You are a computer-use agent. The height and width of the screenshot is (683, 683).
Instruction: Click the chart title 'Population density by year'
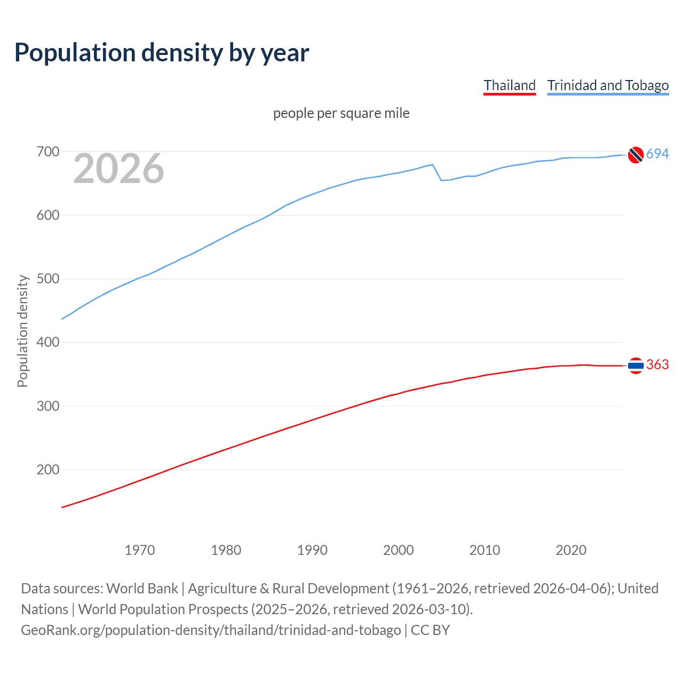tap(162, 53)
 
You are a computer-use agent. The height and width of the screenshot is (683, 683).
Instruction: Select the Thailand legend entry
tap(509, 85)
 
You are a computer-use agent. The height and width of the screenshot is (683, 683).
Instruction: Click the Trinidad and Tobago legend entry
tap(608, 85)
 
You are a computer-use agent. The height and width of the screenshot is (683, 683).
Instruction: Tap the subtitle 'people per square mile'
tap(341, 113)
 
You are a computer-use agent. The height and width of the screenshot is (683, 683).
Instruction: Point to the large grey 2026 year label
tap(118, 169)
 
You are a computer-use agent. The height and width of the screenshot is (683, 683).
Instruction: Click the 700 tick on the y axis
tap(48, 152)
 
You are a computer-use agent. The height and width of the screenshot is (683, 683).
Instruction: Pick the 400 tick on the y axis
tap(48, 343)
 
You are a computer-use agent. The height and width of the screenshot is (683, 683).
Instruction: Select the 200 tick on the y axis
tap(48, 470)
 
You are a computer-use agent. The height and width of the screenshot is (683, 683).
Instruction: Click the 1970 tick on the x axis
tap(140, 550)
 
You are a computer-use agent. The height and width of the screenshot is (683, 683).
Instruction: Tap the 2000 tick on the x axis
tap(399, 550)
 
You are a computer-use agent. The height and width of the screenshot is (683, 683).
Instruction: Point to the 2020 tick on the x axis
tap(571, 550)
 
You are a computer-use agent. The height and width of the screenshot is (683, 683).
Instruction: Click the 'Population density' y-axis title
tap(22, 331)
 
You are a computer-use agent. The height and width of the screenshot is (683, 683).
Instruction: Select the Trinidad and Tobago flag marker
tap(636, 154)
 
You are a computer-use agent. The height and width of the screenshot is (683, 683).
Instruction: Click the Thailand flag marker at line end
tap(636, 366)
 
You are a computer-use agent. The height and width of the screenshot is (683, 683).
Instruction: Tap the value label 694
tap(657, 154)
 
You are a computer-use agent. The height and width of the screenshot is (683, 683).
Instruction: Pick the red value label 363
tap(657, 365)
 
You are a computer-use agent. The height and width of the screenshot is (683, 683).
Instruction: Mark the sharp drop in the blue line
tap(437, 173)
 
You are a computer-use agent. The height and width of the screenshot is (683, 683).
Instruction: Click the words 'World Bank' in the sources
tap(142, 589)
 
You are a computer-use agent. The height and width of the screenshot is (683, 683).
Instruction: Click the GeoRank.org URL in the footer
tap(211, 630)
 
